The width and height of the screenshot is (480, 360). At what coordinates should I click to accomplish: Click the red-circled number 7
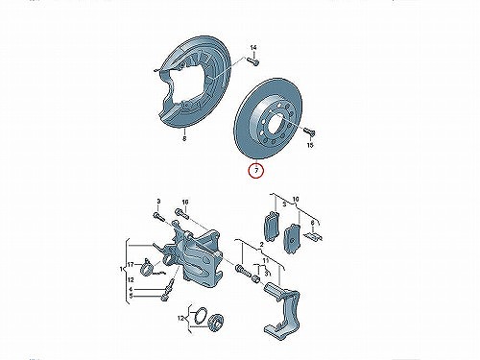click(256, 171)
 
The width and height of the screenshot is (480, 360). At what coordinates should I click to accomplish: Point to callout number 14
click(253, 48)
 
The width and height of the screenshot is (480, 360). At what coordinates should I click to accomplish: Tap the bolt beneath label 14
click(253, 60)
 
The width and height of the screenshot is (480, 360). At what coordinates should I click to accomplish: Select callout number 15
click(310, 145)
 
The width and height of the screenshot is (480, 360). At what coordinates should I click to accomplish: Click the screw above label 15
click(309, 132)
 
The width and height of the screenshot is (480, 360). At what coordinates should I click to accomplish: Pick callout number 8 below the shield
click(184, 138)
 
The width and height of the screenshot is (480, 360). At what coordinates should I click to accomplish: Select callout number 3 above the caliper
click(158, 202)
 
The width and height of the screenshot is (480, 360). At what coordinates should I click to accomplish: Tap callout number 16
click(185, 202)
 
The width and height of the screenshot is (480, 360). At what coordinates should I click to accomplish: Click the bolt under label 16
click(182, 214)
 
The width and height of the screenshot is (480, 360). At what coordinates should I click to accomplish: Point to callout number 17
click(131, 265)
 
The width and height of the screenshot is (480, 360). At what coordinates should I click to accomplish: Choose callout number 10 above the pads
click(296, 200)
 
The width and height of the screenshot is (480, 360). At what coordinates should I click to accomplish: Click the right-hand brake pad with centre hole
click(292, 238)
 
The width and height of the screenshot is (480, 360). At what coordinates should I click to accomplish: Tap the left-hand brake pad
click(271, 226)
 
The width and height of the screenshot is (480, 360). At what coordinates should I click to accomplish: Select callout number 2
click(261, 245)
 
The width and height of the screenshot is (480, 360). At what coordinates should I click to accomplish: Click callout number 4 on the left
click(131, 289)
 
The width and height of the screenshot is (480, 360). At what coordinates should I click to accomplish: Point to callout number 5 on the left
click(131, 296)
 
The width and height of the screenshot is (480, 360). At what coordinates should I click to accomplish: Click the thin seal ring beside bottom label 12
click(202, 317)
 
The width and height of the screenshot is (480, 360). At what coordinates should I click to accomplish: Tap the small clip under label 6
click(313, 236)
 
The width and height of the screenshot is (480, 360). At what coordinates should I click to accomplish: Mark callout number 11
click(265, 261)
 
